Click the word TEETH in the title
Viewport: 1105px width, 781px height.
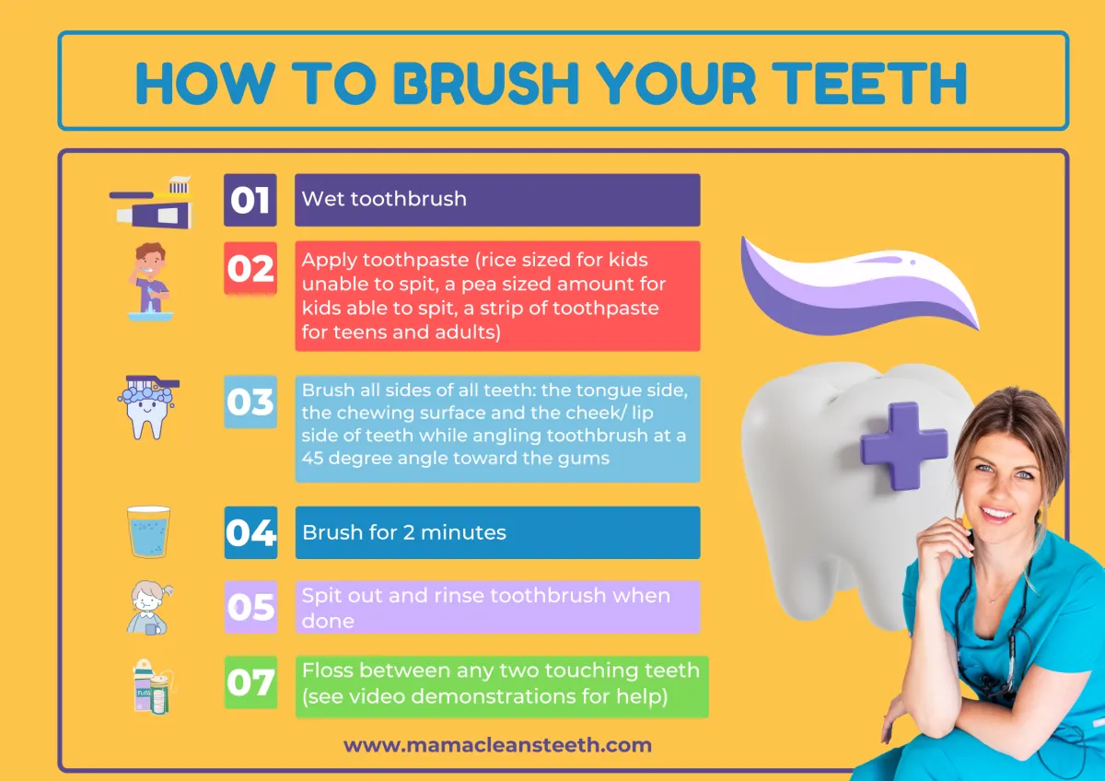[x=869, y=84]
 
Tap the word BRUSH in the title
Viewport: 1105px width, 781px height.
[x=485, y=84]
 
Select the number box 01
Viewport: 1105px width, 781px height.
[x=250, y=200]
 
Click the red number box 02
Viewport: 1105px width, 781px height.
[x=250, y=268]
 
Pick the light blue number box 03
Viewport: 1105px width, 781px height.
[x=250, y=402]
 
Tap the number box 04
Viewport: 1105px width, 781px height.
[x=250, y=532]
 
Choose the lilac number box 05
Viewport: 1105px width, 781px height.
[x=250, y=607]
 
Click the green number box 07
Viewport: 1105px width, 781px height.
[x=250, y=682]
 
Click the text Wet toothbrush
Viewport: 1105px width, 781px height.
[x=384, y=199]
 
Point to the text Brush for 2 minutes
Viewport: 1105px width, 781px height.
[x=404, y=532]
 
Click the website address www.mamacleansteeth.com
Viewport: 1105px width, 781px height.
[x=498, y=744]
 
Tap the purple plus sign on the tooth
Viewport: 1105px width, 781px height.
[x=903, y=446]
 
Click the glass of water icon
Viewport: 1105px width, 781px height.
[x=148, y=531]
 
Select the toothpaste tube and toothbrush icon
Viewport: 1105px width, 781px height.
[x=151, y=202]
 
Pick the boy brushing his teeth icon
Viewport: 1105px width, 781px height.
[x=150, y=281]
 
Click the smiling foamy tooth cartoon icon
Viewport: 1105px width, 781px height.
[x=148, y=407]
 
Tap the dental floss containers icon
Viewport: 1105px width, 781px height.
[x=154, y=686]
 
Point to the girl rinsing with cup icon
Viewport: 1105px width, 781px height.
[x=149, y=607]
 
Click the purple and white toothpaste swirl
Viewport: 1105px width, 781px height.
[x=859, y=286]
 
